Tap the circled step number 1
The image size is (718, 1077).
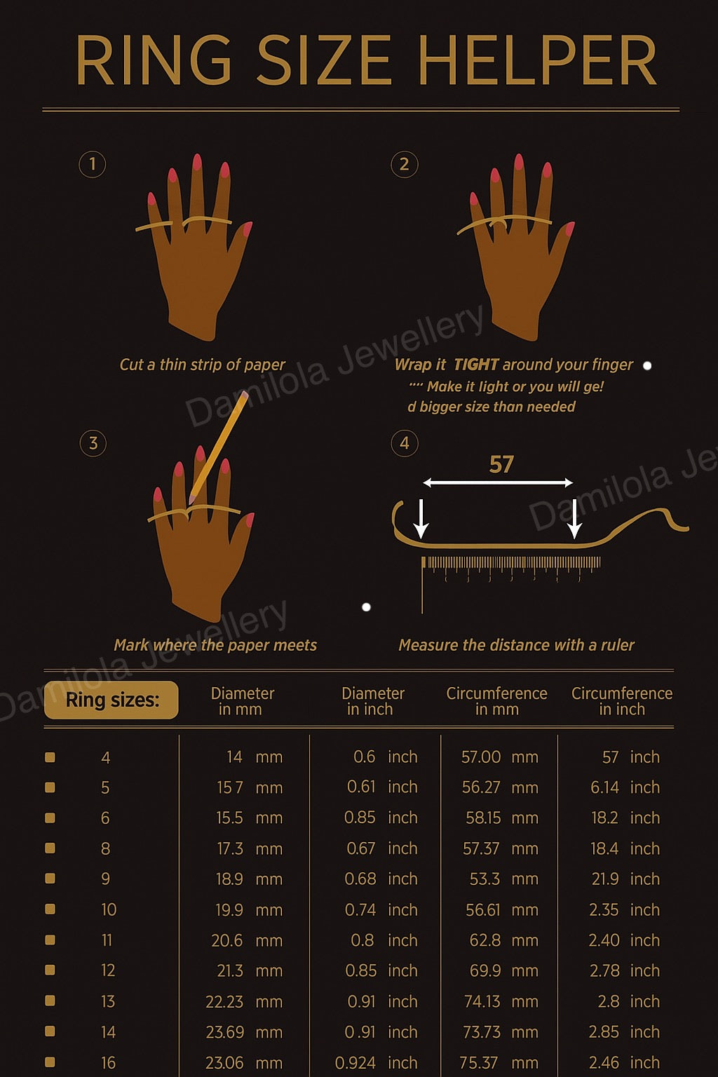coord(92,164)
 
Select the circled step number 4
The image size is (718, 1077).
coord(404,443)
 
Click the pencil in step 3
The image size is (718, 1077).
coord(219,447)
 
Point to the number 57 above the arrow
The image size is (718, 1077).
coord(501,464)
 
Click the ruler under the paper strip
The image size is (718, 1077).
coord(511,565)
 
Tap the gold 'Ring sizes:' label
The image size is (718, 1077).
coord(111,700)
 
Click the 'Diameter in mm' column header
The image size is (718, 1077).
coord(242,701)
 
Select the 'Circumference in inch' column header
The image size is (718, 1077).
coord(621,701)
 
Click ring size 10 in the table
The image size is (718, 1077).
coord(108,909)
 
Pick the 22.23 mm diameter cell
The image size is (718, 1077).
coord(243,1001)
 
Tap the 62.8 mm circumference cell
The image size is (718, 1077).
coord(503,940)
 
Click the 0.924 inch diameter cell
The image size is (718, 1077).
coord(376,1062)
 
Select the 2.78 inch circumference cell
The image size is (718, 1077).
coord(624,970)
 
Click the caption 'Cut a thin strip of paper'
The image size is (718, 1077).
coord(202,365)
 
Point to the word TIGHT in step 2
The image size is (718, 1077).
coord(476,365)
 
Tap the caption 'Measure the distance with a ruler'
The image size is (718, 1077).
coord(516,645)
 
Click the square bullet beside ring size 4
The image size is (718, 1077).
coord(50,757)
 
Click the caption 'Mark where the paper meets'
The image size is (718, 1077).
coord(215,645)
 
